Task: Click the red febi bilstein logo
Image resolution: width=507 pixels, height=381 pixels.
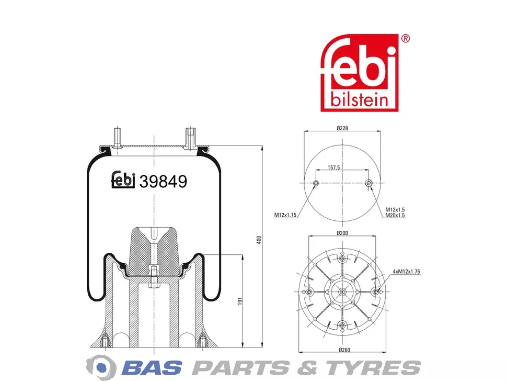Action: (x=359, y=73)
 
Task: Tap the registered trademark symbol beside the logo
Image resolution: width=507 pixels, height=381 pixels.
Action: (x=405, y=39)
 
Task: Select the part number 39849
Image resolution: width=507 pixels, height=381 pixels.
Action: (x=163, y=181)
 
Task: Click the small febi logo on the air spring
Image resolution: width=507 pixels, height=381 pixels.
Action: (x=123, y=180)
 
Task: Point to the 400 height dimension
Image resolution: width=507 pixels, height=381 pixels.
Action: (x=259, y=240)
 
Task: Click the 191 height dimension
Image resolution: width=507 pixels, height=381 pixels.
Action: (x=240, y=301)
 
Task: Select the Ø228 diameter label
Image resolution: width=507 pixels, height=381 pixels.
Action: (x=342, y=128)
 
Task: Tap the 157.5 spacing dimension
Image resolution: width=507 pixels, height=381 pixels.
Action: (x=333, y=167)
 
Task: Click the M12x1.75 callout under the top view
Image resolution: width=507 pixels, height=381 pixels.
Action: (x=285, y=215)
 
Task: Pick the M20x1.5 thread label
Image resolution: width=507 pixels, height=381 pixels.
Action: (x=395, y=215)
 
